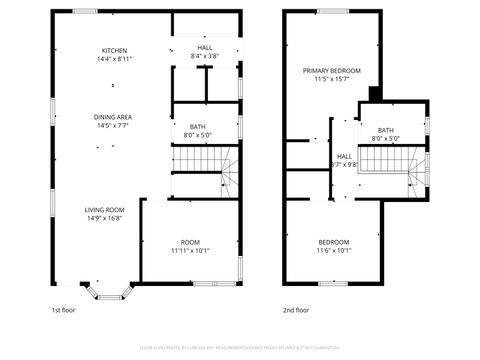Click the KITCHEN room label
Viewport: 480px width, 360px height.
113,50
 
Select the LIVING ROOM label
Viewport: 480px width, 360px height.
104,209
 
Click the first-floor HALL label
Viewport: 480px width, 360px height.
204,47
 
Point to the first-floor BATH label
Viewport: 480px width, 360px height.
197,126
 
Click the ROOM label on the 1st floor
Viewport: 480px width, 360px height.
189,242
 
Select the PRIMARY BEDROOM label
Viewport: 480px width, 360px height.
332,70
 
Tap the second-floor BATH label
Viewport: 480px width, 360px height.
385,130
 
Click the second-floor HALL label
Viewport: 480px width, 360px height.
344,156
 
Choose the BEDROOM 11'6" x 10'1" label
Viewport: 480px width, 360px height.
333,242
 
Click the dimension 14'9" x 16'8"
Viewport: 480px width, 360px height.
104,217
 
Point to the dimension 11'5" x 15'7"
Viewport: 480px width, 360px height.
332,79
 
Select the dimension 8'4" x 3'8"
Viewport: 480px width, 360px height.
204,56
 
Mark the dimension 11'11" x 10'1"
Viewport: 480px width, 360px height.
189,251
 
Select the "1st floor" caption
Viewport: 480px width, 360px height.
64,310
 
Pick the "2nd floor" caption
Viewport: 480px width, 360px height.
295,310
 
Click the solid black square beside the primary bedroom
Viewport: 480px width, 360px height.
373,94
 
